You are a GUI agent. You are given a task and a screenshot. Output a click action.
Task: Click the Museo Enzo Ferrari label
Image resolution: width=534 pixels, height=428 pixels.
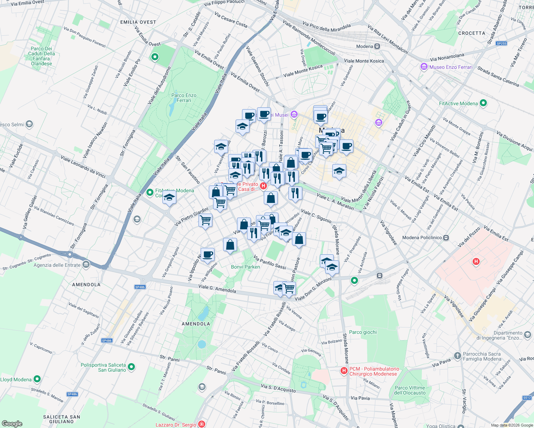[x=450, y=67]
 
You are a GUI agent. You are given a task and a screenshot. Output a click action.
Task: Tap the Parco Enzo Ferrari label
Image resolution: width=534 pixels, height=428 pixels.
[x=184, y=98]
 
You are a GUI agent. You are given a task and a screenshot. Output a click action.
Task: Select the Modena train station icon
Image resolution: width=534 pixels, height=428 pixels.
[x=377, y=46]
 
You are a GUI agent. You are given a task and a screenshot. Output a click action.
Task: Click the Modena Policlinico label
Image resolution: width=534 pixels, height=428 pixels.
[x=422, y=238]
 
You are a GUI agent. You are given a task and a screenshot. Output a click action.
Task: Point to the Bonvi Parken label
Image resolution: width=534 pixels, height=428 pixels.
[x=245, y=267]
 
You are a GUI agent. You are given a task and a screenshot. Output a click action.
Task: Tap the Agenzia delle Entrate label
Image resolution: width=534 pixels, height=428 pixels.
[x=57, y=265]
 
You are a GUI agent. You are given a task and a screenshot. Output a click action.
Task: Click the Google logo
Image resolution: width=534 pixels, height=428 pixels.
[x=12, y=423]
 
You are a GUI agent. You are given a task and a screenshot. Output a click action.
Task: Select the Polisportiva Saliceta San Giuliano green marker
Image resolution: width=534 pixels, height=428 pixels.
[x=131, y=367]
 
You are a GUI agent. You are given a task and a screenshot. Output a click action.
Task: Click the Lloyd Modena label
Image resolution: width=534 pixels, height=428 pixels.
[x=16, y=379]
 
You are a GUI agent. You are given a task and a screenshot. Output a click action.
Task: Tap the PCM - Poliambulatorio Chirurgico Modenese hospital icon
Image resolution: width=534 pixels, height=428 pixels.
[x=344, y=371]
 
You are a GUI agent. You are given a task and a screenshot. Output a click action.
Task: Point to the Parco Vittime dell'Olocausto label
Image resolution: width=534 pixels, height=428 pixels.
[x=410, y=390]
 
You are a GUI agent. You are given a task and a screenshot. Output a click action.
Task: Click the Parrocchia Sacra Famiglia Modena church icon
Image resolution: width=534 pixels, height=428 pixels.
[x=458, y=356]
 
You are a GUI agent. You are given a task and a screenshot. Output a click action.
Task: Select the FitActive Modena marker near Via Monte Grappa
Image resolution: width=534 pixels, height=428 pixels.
[x=483, y=103]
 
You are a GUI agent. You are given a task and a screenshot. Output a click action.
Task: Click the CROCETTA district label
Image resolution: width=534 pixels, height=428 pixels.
[x=472, y=33]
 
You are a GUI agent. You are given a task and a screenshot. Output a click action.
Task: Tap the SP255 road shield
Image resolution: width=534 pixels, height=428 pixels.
[x=502, y=44]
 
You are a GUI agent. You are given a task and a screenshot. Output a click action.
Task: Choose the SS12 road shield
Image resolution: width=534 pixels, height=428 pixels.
[x=527, y=398]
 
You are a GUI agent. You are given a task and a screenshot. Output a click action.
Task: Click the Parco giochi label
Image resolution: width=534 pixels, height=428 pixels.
[x=363, y=332]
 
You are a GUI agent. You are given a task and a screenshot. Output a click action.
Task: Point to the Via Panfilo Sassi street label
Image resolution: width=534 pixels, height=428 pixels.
[x=269, y=262]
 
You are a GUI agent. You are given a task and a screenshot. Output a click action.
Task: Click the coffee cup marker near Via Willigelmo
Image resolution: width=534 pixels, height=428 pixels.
[x=207, y=255]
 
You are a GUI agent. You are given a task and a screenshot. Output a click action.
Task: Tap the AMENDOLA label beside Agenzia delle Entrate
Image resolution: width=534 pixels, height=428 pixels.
[x=86, y=285]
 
